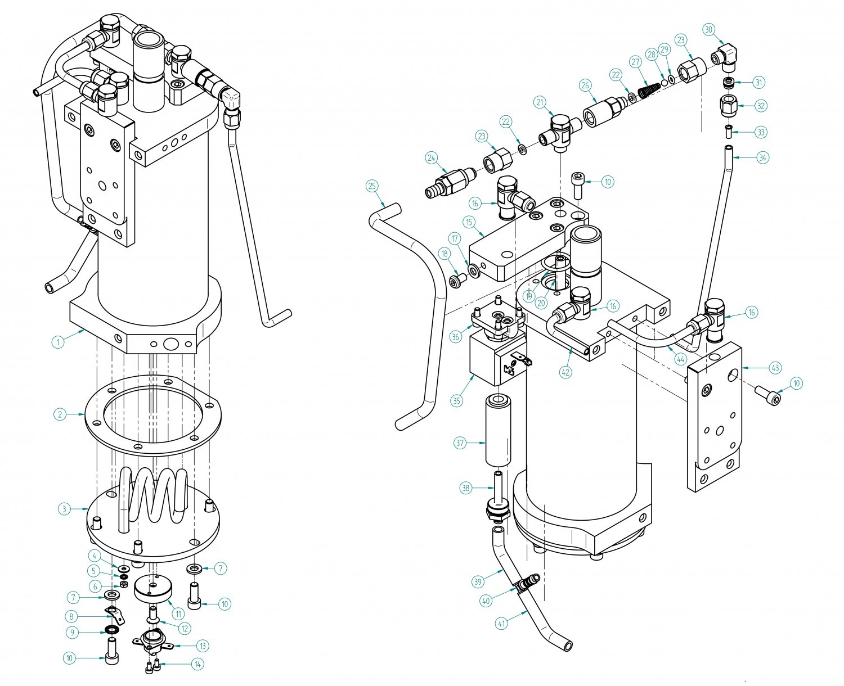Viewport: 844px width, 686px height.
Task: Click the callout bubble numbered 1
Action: click(x=58, y=341)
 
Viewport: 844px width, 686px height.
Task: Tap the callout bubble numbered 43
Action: click(x=775, y=368)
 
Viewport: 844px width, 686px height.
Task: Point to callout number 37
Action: click(x=460, y=443)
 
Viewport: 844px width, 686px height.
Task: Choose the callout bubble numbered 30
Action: click(x=709, y=30)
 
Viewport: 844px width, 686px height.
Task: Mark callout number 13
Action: click(x=203, y=646)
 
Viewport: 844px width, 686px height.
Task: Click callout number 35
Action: click(x=457, y=401)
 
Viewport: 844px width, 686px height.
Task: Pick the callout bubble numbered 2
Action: click(x=60, y=414)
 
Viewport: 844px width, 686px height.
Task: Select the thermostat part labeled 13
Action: click(x=151, y=641)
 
